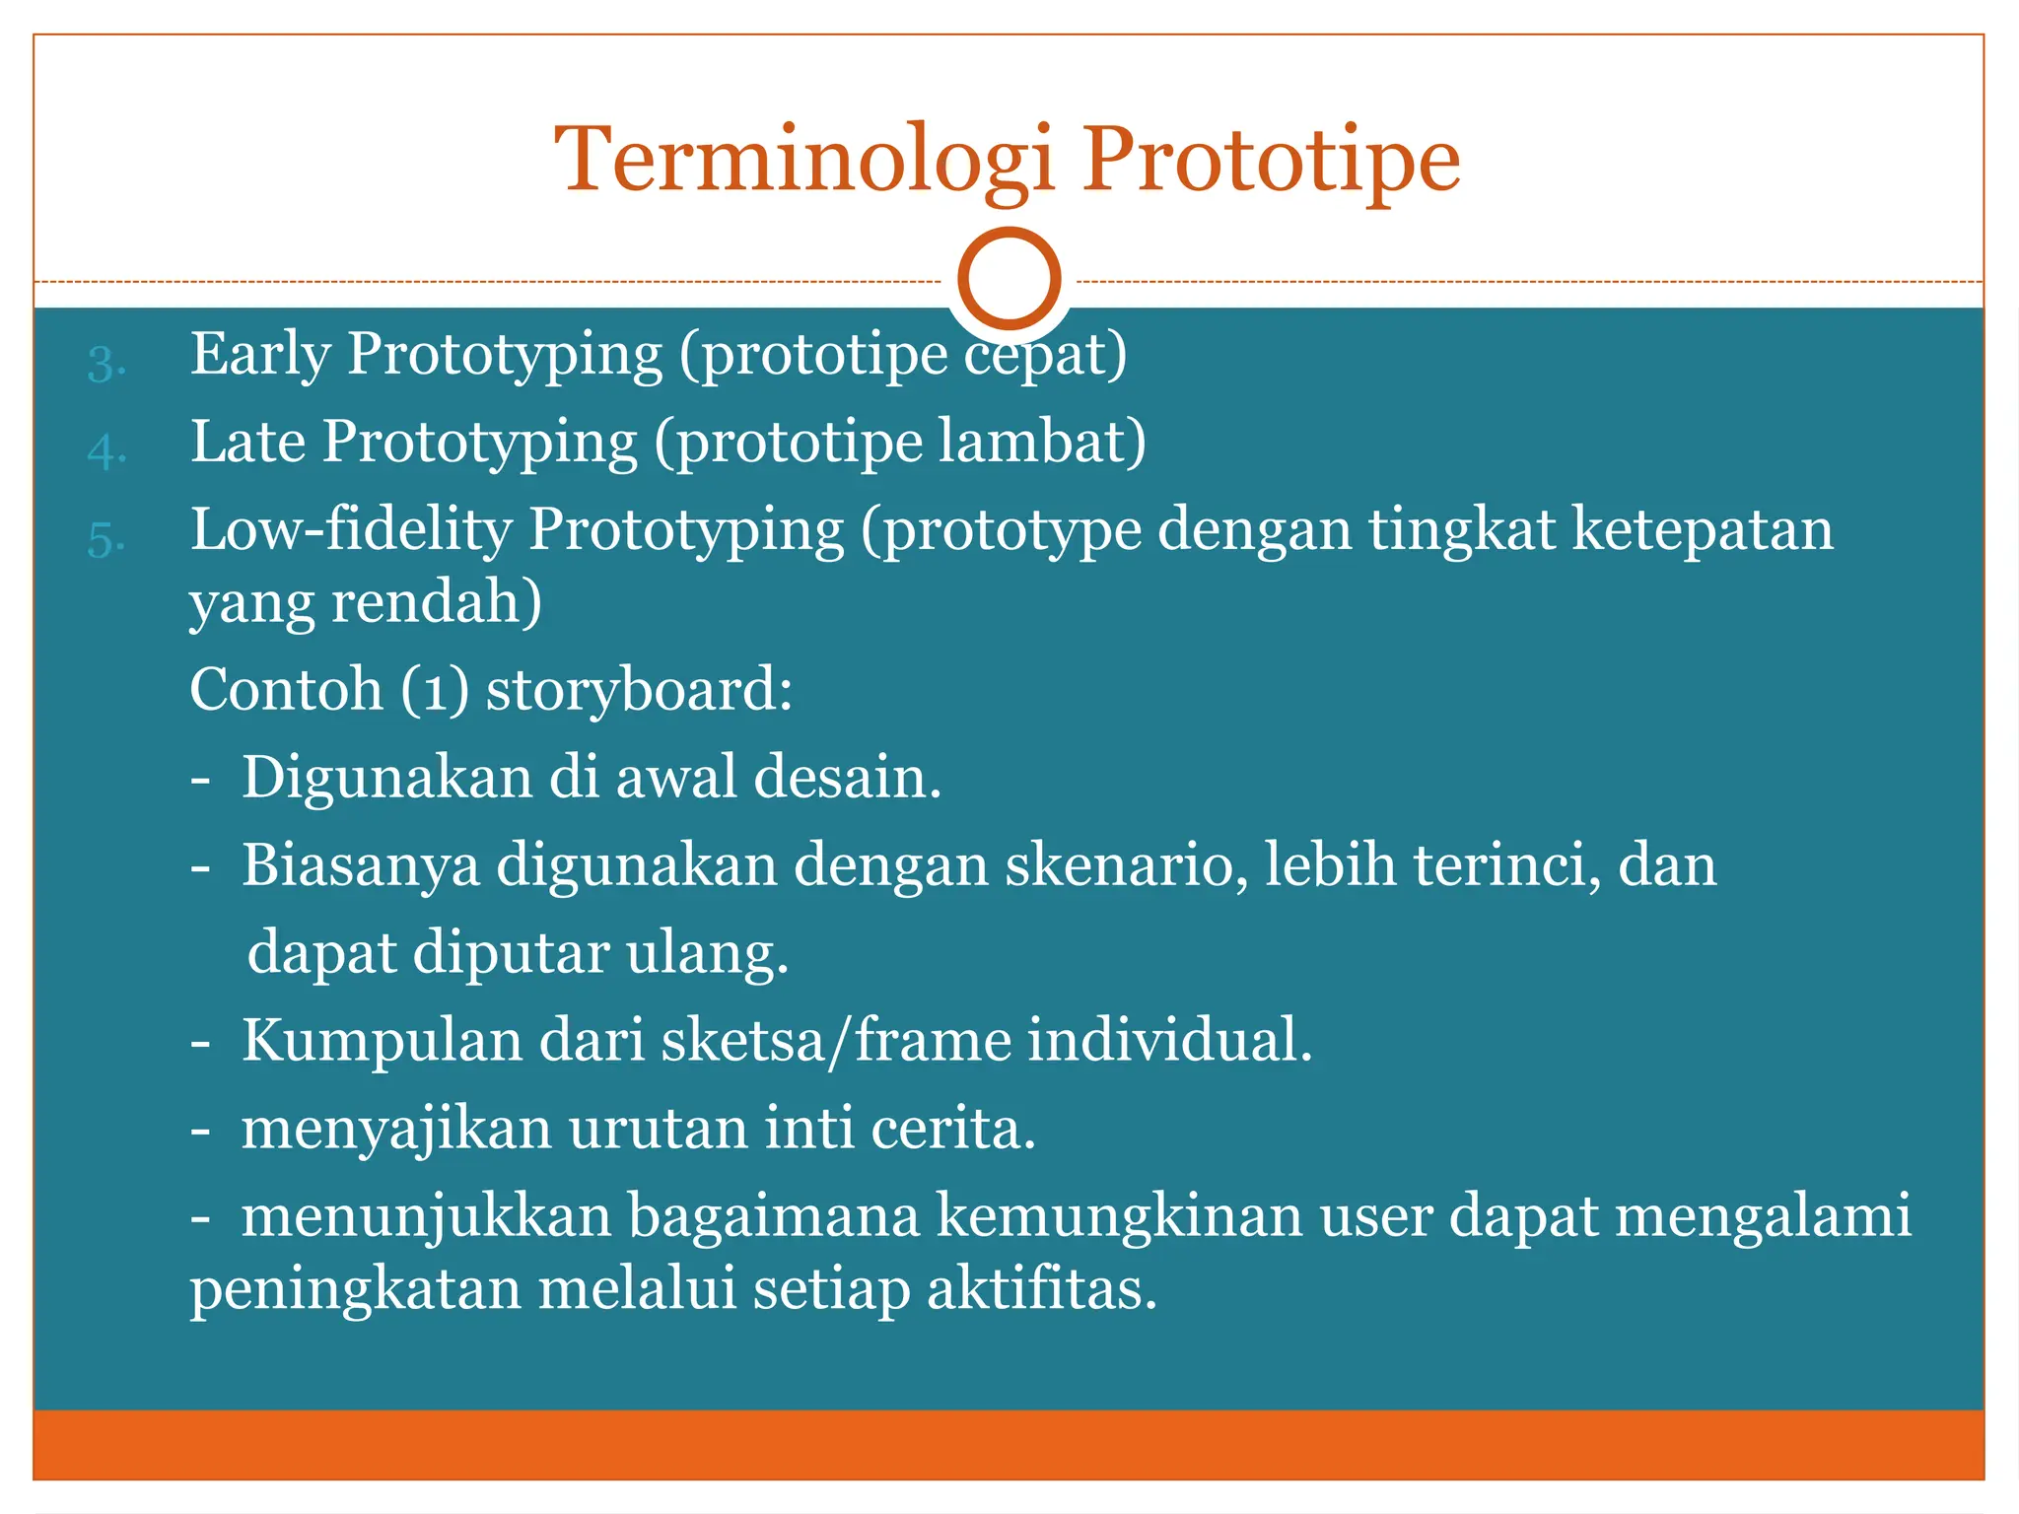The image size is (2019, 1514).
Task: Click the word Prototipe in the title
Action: pyautogui.click(x=1271, y=160)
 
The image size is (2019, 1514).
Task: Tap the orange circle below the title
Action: pyautogui.click(x=1009, y=279)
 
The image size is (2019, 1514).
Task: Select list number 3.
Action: pyautogui.click(x=105, y=364)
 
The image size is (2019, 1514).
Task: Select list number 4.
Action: pyautogui.click(x=105, y=451)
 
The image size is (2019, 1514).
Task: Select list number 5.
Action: pyautogui.click(x=105, y=539)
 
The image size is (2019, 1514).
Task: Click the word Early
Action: pyautogui.click(x=260, y=355)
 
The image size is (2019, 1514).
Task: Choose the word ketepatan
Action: pyautogui.click(x=1703, y=530)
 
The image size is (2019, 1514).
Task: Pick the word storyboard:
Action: pyautogui.click(x=639, y=689)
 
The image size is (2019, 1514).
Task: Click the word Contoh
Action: pyautogui.click(x=286, y=689)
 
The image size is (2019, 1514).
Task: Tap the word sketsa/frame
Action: pyautogui.click(x=836, y=1040)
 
